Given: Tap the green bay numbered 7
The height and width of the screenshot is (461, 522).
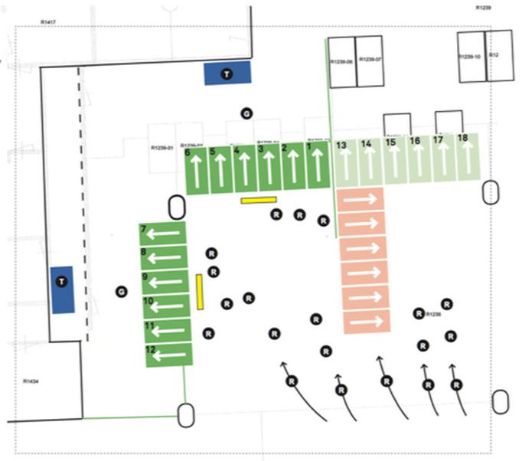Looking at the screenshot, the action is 163,234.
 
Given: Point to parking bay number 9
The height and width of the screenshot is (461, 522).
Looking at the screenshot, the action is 163,282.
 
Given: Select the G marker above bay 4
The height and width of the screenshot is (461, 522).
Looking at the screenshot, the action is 246,113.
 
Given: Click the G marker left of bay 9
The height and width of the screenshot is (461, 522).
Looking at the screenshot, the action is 119,292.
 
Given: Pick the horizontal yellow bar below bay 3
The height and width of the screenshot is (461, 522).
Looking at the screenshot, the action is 258,201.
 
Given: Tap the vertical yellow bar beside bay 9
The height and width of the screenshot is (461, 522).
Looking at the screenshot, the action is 199,292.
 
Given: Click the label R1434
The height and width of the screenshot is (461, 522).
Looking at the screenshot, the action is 31,381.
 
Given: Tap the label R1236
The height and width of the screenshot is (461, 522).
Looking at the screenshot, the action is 434,315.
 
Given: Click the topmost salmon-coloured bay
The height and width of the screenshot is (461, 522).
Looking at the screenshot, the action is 362,199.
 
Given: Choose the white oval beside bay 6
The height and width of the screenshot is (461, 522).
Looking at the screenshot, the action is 176,206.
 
